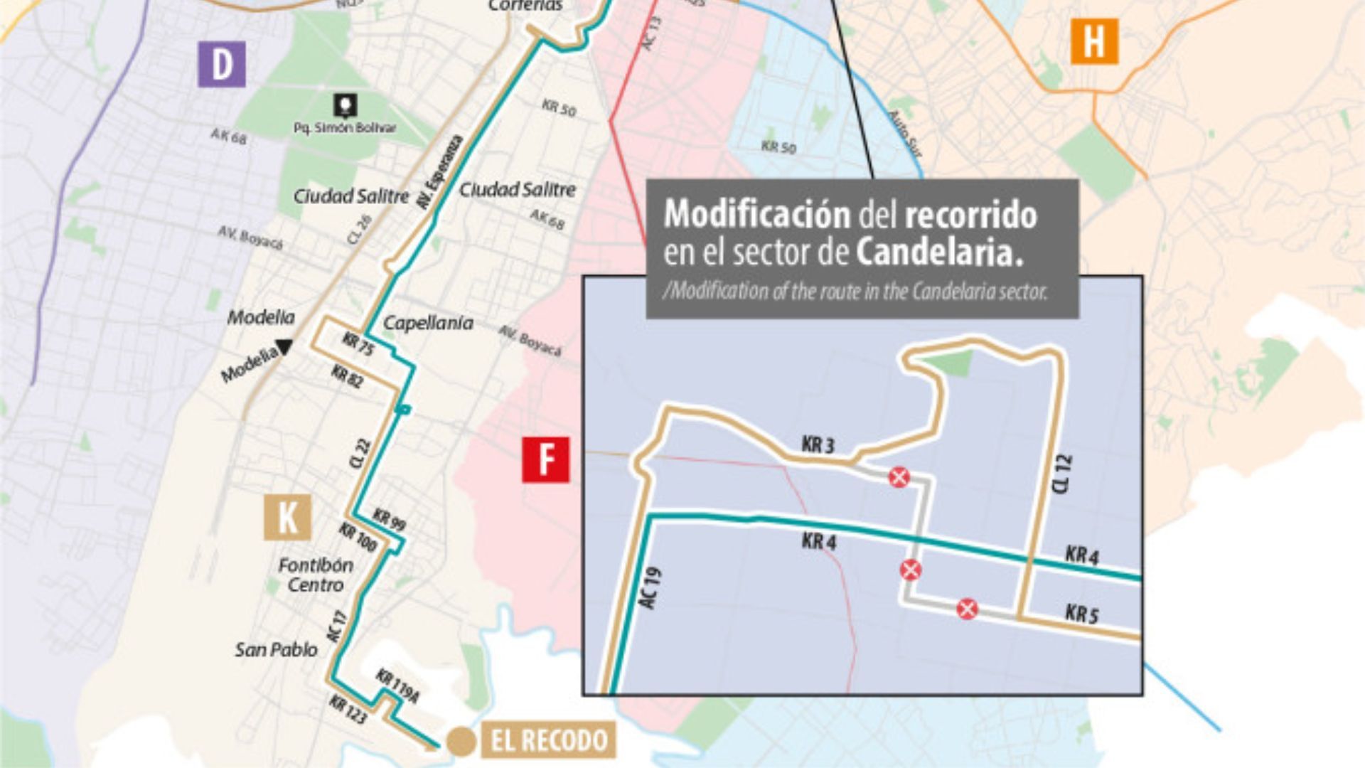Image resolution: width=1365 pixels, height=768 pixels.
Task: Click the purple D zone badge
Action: [222, 64]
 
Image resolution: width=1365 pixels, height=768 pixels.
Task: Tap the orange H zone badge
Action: [1094, 41]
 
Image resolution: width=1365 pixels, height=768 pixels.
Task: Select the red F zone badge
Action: [545, 459]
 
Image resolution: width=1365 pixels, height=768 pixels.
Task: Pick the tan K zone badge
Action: [287, 517]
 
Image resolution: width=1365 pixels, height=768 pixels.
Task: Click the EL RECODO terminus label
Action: [550, 740]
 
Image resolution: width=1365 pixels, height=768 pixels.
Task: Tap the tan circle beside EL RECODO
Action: [461, 742]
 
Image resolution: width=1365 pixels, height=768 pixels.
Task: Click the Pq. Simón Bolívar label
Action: [345, 128]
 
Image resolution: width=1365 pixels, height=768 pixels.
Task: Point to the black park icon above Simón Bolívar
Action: [346, 107]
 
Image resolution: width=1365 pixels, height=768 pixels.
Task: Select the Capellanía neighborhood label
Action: [428, 323]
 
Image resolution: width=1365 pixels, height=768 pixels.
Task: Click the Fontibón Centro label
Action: [316, 575]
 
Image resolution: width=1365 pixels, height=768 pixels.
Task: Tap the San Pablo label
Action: [276, 649]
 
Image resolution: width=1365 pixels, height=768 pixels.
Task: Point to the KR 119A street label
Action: [397, 686]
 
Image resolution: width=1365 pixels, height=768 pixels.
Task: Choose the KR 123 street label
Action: [348, 710]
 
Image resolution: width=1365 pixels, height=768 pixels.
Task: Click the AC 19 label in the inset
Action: [650, 587]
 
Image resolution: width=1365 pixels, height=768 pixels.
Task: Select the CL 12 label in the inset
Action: [1061, 474]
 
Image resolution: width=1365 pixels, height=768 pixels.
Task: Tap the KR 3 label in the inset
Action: [818, 445]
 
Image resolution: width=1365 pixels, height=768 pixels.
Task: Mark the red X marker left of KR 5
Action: [967, 609]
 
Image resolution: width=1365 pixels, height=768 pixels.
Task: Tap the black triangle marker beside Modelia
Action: [284, 347]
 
